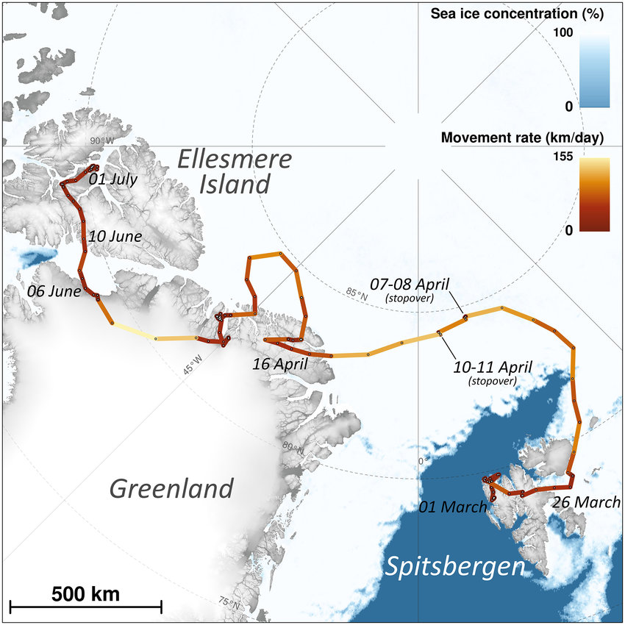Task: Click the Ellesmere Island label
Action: (x=235, y=171)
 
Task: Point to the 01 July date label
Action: (x=113, y=179)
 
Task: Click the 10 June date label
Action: (x=115, y=237)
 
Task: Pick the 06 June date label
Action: (x=54, y=291)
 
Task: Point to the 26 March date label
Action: (x=585, y=503)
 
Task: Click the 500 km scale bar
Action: (x=86, y=605)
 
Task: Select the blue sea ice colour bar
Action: (x=594, y=71)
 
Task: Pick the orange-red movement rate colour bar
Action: (x=594, y=194)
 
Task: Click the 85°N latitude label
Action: (x=355, y=293)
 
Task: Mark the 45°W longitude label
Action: (x=193, y=365)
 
